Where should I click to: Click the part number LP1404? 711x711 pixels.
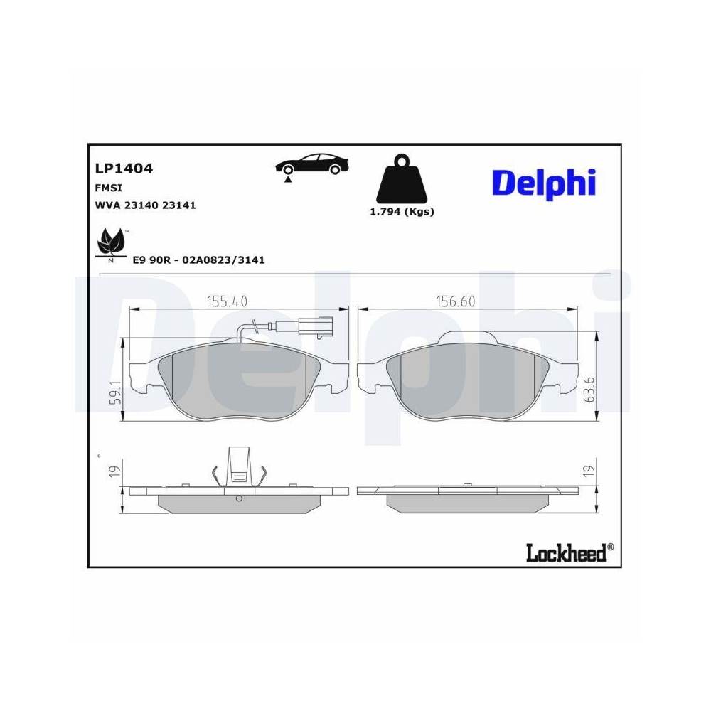(124, 169)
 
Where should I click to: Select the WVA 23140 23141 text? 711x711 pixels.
(145, 205)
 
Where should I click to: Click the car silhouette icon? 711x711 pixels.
(312, 164)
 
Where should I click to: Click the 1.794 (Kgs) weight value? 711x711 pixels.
(402, 211)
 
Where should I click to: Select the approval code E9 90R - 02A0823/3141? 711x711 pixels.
(199, 260)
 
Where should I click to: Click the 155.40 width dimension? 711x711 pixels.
(227, 301)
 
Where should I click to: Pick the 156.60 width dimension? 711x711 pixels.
(455, 301)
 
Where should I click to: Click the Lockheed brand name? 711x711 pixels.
(566, 552)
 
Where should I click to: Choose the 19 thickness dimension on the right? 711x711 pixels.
(588, 470)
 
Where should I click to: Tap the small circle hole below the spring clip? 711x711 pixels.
(239, 498)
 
